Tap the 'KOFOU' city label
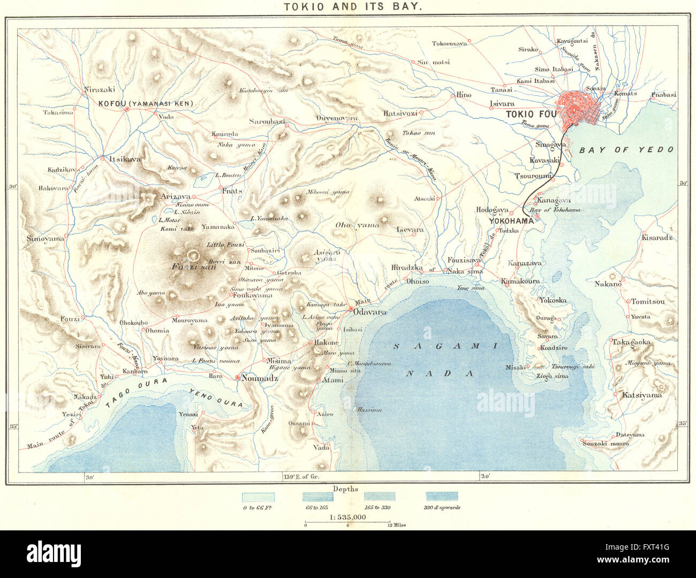(111, 104)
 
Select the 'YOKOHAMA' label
(511, 220)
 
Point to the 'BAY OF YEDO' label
(626, 150)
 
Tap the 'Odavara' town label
(369, 310)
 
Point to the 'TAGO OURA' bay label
(137, 392)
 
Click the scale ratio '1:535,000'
(347, 517)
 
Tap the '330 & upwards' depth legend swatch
(442, 497)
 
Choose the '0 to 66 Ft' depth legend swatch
(258, 497)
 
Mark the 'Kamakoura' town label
(520, 281)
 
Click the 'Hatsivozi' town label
(400, 113)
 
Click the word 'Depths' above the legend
(345, 489)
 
